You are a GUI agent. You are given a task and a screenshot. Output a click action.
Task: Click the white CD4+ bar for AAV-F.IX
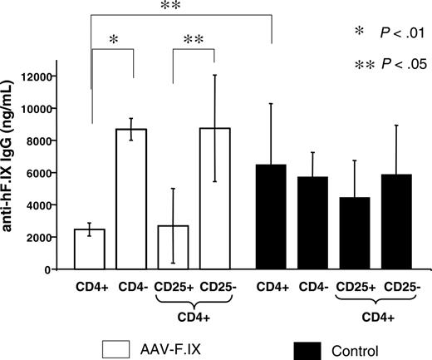click(x=89, y=249)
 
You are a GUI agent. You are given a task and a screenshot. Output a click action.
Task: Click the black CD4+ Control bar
click(x=272, y=217)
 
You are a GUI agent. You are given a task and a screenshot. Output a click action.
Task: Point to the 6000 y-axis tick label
click(x=33, y=173)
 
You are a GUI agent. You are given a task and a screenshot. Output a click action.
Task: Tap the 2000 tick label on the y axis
click(x=33, y=238)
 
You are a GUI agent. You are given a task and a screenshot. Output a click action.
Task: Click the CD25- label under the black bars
click(x=398, y=291)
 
